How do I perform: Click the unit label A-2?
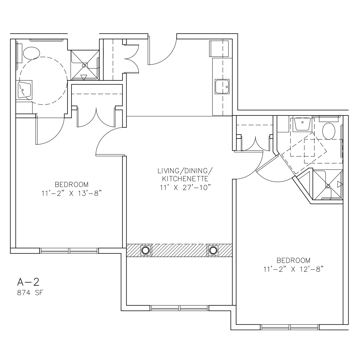28,282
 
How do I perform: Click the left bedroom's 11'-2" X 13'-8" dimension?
72,194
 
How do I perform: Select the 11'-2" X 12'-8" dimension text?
293,269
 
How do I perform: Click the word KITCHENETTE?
185,179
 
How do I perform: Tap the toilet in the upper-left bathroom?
31,53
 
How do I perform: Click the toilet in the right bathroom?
329,131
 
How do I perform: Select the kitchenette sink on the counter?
222,87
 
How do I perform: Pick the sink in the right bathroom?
302,124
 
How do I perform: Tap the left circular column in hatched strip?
146,250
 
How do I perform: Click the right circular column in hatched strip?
213,250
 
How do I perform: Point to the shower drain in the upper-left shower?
84,66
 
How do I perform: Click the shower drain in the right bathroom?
328,186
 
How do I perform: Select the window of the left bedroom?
69,250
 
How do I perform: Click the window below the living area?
179,308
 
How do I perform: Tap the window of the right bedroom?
290,327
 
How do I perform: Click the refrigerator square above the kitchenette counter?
219,49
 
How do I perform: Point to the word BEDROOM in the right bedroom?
293,260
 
